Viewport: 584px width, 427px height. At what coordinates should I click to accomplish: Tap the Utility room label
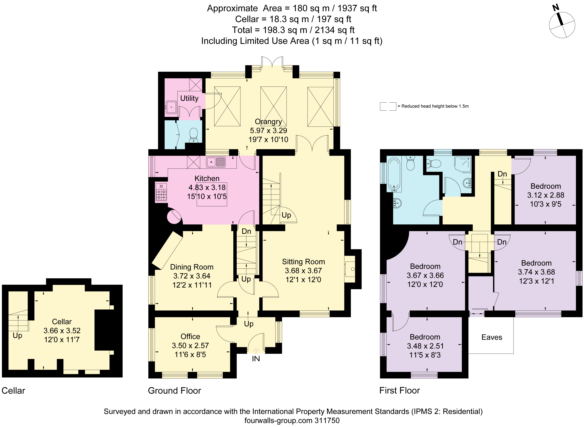[x=189, y=98]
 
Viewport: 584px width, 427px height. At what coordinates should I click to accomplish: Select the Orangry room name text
[x=268, y=121]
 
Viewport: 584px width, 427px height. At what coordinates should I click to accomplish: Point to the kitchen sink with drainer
[x=216, y=162]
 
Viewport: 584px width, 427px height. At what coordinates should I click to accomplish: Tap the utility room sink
[x=171, y=107]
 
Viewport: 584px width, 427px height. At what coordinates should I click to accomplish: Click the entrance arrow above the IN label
[x=256, y=351]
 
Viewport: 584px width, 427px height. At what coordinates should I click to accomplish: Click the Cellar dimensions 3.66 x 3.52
[x=62, y=331]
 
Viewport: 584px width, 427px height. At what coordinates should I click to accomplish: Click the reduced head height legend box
[x=388, y=106]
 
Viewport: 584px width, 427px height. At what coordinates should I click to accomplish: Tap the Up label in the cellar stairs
[x=17, y=336]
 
